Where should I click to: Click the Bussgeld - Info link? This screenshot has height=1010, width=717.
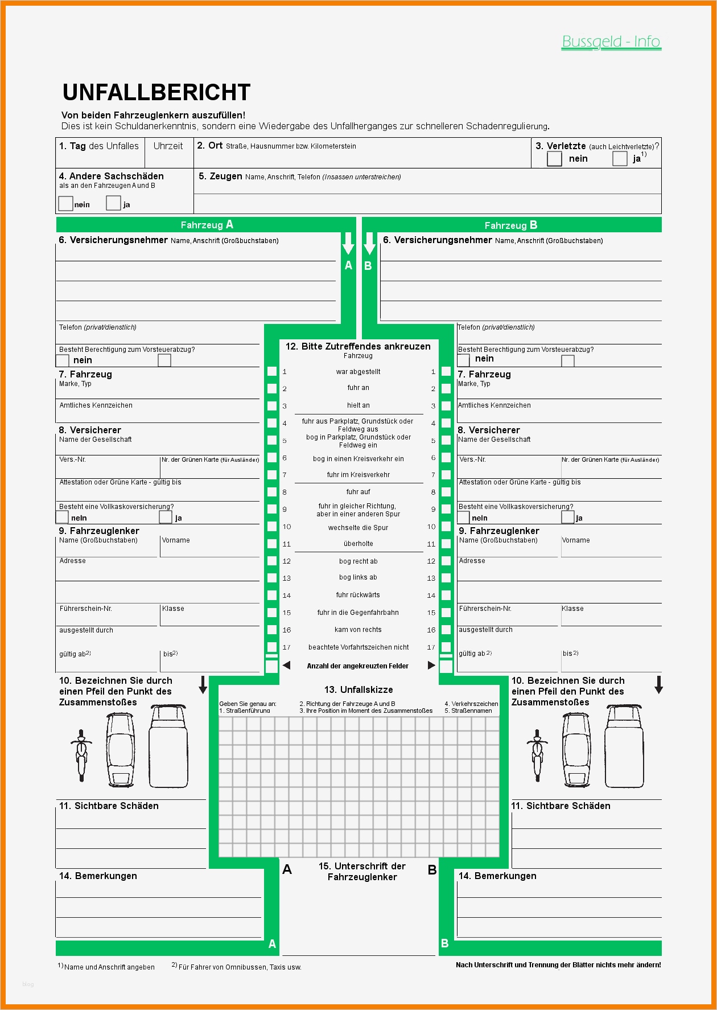click(611, 42)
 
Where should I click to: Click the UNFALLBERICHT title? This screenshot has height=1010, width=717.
click(156, 92)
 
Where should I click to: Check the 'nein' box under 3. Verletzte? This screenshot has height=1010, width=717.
click(554, 159)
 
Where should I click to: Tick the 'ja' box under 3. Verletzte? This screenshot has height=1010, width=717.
click(620, 159)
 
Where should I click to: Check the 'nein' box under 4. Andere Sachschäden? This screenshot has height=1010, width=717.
click(65, 203)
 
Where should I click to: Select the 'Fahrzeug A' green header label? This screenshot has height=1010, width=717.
click(207, 225)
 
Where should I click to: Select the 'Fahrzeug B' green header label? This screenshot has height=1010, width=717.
click(510, 225)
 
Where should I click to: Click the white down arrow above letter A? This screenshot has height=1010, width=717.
click(348, 244)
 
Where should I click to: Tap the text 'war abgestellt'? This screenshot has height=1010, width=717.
click(358, 372)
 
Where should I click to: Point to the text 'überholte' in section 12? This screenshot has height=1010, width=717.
click(358, 544)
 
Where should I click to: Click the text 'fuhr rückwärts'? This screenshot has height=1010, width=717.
click(358, 595)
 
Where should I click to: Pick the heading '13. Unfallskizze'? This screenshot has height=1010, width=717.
click(358, 689)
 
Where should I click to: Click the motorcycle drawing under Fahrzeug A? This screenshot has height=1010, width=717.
click(81, 755)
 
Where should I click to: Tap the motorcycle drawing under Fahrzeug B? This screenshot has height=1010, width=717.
click(537, 755)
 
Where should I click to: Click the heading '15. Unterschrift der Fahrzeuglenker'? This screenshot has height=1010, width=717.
click(362, 872)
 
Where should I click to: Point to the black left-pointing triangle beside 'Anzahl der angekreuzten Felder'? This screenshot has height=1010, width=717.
click(286, 666)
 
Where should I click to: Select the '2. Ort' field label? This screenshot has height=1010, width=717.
click(209, 146)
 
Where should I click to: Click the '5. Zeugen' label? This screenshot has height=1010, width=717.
click(220, 176)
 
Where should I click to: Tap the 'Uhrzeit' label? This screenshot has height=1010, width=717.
click(168, 146)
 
